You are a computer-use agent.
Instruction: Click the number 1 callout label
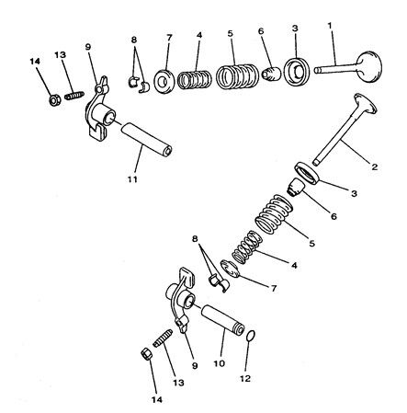click(x=330, y=26)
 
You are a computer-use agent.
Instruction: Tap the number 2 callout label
click(x=375, y=167)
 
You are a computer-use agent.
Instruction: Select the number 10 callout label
click(x=220, y=363)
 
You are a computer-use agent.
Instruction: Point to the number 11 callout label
click(x=132, y=179)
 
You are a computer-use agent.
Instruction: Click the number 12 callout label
click(x=245, y=379)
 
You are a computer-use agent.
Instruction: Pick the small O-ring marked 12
click(x=251, y=336)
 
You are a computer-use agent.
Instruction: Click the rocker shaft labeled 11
click(x=146, y=139)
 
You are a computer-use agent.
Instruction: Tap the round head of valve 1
click(x=369, y=67)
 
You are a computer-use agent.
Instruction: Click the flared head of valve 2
click(x=365, y=104)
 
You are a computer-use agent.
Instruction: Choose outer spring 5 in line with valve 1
click(x=237, y=76)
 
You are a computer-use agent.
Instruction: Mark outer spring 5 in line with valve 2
click(x=274, y=214)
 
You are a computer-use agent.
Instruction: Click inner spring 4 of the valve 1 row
click(x=195, y=80)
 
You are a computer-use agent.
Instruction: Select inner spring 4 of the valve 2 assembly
click(x=247, y=247)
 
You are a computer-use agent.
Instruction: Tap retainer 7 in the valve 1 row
click(x=164, y=82)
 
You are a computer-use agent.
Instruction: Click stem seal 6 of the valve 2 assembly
click(x=296, y=187)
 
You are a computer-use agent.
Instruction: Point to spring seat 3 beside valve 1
click(x=296, y=72)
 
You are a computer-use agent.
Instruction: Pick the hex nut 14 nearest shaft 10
click(x=146, y=355)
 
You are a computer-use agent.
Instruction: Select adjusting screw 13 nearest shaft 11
click(x=74, y=95)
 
